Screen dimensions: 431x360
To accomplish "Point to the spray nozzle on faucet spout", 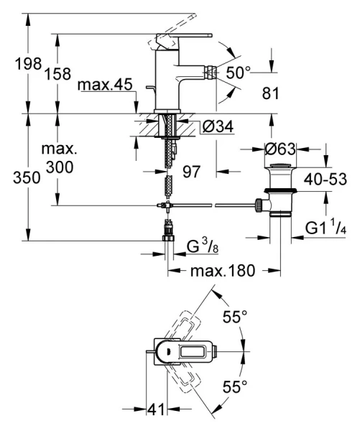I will [213, 73].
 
